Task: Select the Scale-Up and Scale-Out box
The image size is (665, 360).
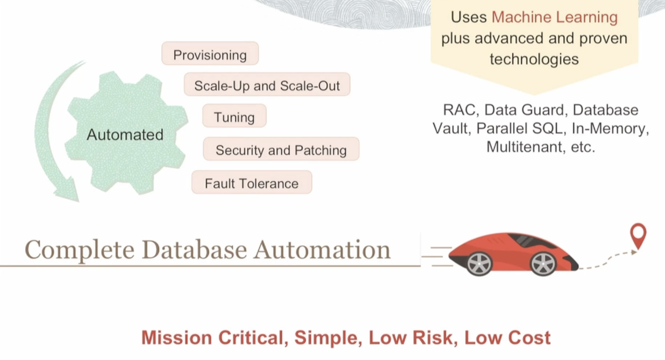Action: [x=267, y=85]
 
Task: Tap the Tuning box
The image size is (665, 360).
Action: [x=234, y=116]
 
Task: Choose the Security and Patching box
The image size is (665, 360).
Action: [x=281, y=149]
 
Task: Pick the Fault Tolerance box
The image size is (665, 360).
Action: [x=251, y=183]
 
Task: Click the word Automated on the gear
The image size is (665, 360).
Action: [x=125, y=134]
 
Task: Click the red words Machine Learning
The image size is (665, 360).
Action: [x=554, y=17]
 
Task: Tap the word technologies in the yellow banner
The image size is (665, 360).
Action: [x=534, y=59]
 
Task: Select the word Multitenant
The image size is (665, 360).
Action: [x=524, y=146]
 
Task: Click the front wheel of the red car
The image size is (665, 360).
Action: [x=543, y=264]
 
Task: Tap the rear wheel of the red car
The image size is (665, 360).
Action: [x=479, y=264]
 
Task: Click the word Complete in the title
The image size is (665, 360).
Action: [x=79, y=250]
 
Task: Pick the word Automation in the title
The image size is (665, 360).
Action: [x=321, y=250]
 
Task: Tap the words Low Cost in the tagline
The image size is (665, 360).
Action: [x=507, y=338]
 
